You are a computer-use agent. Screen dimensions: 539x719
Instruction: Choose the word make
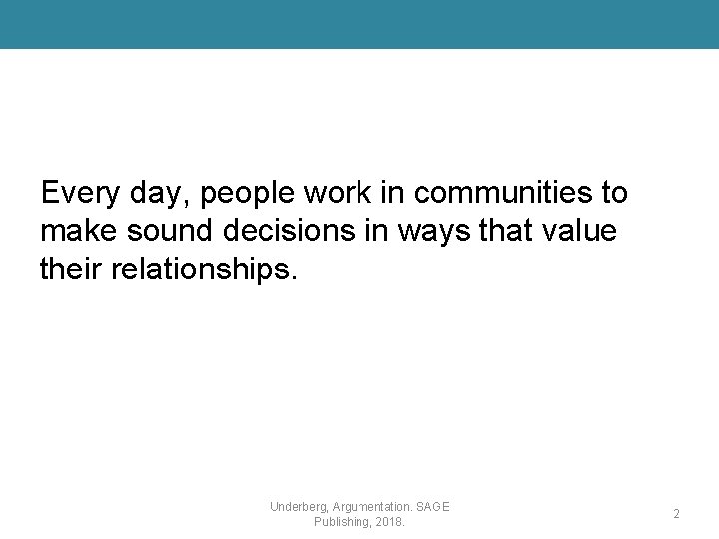click(x=78, y=231)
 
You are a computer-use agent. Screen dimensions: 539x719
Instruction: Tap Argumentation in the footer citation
click(x=375, y=507)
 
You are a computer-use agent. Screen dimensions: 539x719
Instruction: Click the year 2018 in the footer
click(x=390, y=522)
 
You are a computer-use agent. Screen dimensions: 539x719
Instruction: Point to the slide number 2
click(x=676, y=514)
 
